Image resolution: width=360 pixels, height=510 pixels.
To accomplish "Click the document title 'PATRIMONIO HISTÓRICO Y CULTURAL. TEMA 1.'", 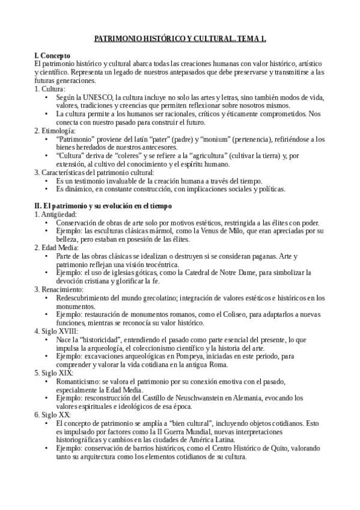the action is tap(180, 39).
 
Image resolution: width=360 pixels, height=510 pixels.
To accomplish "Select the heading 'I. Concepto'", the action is tap(53, 55).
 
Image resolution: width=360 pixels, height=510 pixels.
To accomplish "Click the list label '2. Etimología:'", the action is tap(55, 130).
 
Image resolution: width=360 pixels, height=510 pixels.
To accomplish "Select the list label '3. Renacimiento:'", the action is tap(59, 289).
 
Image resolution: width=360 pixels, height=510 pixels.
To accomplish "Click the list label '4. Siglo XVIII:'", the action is tap(56, 331).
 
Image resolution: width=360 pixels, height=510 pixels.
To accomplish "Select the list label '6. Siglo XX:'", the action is tap(54, 414).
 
